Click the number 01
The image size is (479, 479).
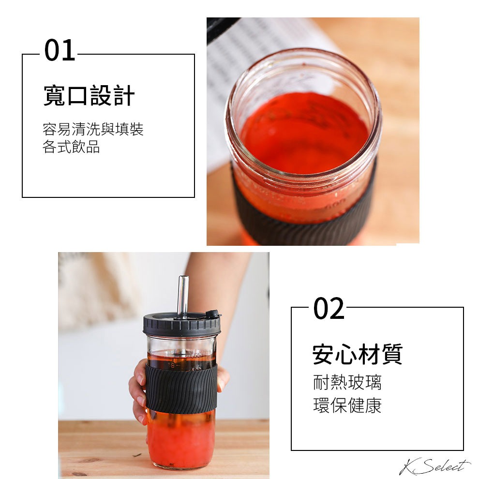60,51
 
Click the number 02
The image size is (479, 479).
329,309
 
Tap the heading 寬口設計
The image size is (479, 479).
89,96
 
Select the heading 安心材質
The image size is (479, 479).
357,354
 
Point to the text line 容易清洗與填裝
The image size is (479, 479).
93,130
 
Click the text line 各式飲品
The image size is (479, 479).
71,147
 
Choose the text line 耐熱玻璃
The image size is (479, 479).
347,382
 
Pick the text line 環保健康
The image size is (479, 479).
347,405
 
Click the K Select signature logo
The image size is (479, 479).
434,466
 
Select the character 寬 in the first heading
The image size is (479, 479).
54,96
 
